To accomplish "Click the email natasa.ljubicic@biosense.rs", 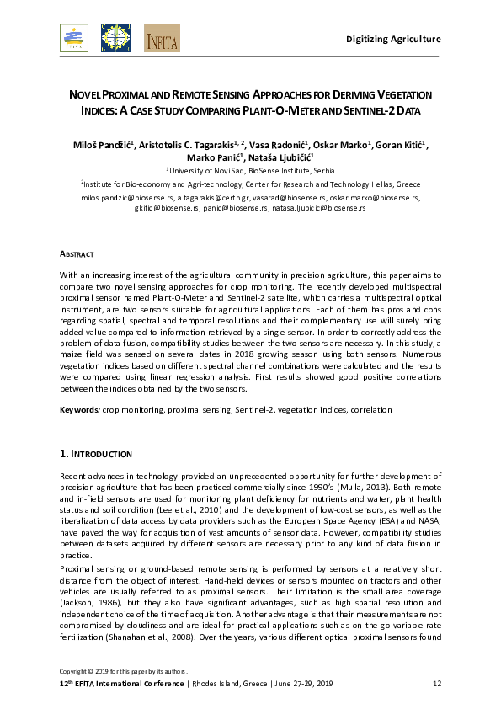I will (319, 206).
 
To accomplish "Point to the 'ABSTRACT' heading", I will (76, 253).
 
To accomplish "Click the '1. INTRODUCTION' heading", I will (95, 453).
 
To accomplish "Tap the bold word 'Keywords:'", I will (78, 409).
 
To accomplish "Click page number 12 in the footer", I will (436, 682).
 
